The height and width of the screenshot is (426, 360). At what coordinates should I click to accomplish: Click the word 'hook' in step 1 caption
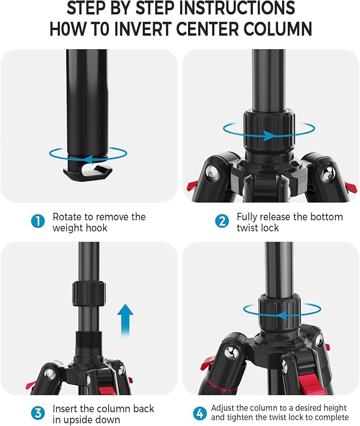[x=96, y=228]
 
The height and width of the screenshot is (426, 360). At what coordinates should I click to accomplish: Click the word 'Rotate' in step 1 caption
[x=68, y=217]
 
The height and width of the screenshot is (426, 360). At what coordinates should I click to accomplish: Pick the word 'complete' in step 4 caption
[x=331, y=418]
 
